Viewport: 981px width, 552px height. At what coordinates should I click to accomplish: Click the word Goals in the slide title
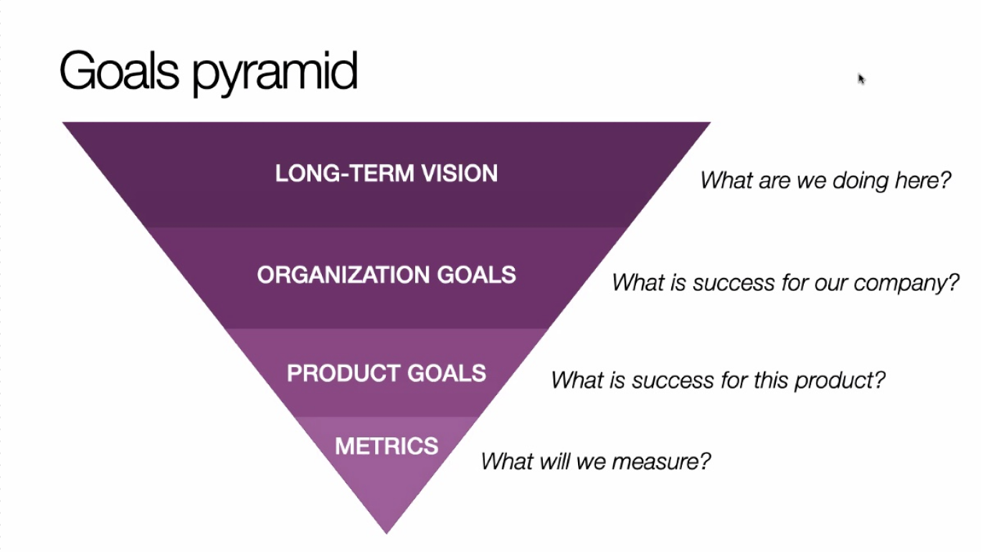(x=121, y=71)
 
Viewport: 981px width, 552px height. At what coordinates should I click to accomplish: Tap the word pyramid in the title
(x=275, y=74)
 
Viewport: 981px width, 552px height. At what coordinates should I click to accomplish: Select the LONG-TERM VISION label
(x=387, y=173)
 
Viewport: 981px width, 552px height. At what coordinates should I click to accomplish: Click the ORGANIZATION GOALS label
(x=387, y=275)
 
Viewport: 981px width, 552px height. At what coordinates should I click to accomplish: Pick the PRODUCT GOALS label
(x=387, y=373)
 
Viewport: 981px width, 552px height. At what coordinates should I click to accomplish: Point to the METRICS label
(x=387, y=446)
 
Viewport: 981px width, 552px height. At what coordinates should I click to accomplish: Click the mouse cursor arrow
(x=861, y=78)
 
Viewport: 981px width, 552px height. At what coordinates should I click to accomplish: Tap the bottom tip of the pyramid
(x=387, y=530)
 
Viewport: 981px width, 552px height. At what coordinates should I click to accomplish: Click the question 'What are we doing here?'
(x=825, y=180)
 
